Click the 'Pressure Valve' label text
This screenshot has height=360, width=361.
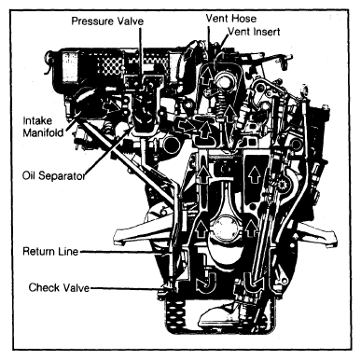click(x=107, y=21)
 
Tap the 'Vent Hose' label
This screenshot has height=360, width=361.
click(x=231, y=19)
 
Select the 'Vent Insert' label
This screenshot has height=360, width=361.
click(x=254, y=32)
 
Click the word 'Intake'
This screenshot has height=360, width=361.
click(x=37, y=120)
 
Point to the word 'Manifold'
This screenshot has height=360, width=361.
click(x=43, y=132)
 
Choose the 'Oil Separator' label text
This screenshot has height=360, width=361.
click(x=53, y=176)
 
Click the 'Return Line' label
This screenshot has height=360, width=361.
click(x=50, y=251)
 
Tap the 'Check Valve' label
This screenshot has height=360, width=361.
click(x=59, y=287)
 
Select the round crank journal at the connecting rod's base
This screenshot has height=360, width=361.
click(x=225, y=228)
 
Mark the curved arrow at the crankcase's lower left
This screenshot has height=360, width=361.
click(x=205, y=278)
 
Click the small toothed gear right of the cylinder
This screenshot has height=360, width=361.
click(x=283, y=187)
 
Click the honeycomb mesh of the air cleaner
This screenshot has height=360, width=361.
click(x=111, y=66)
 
